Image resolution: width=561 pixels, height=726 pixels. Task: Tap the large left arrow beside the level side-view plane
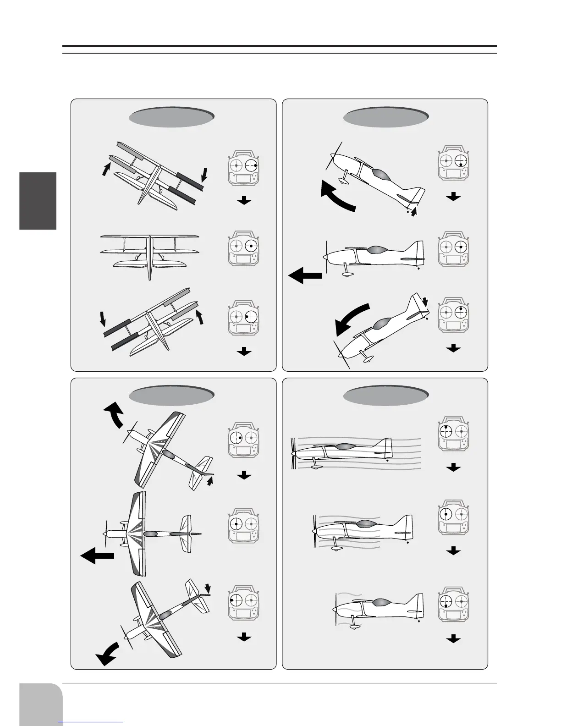305,276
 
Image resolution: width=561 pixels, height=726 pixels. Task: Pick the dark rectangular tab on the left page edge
38,201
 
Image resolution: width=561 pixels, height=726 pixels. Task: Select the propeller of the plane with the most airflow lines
293,453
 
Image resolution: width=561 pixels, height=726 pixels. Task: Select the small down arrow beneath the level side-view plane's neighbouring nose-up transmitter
453,197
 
